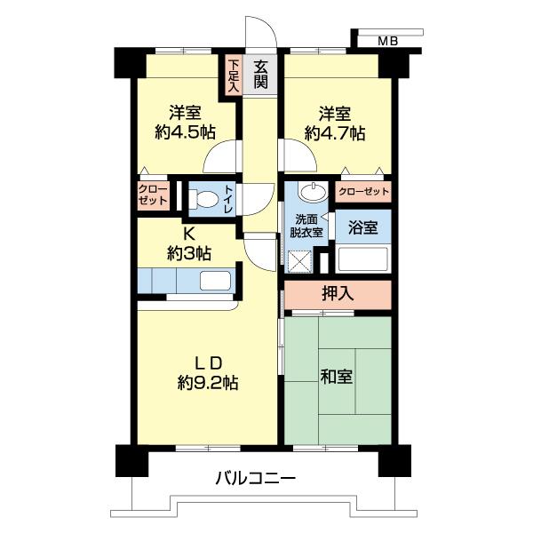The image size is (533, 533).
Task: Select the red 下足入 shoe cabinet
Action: (x=233, y=76)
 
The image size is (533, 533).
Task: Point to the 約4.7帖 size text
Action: (x=334, y=133)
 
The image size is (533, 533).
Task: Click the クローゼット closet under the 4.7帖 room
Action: (x=363, y=191)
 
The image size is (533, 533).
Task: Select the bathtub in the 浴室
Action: (x=364, y=260)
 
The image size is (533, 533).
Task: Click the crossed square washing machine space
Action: (x=301, y=262)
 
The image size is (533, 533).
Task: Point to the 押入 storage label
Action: (x=337, y=294)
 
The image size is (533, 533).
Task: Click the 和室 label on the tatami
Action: (x=336, y=376)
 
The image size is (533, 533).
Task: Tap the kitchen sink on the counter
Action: (x=215, y=281)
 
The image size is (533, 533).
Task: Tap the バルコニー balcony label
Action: (x=255, y=480)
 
